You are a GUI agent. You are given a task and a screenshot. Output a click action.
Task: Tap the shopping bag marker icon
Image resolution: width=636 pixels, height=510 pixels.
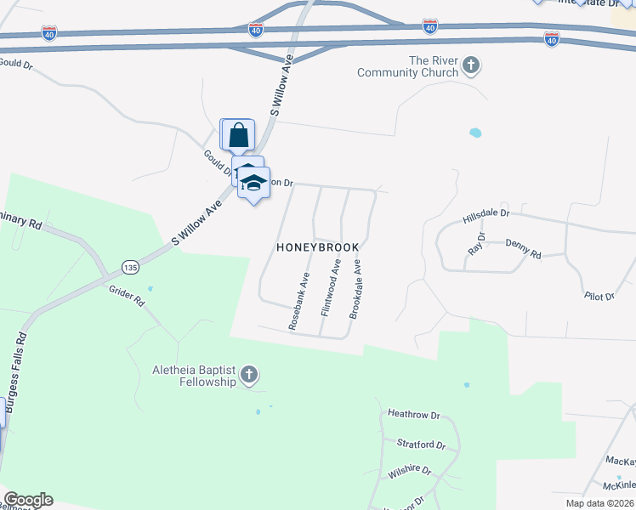point(238,134)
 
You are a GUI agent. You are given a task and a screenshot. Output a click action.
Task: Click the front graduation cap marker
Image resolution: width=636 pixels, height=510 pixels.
point(254,183)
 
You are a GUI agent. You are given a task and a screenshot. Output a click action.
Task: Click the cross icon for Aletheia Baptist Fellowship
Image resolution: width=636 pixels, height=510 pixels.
point(248,375)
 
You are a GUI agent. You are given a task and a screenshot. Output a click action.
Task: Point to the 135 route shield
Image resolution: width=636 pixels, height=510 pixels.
point(129,267)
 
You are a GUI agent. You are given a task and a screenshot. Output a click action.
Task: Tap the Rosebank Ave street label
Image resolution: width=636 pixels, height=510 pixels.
point(297,302)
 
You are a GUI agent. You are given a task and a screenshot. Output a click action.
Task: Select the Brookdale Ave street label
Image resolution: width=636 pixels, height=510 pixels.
point(357,290)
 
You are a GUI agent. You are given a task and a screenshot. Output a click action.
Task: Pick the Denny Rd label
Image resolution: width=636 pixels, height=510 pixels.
point(523,248)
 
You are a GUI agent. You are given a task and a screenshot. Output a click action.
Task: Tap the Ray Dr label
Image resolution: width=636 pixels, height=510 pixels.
point(477,244)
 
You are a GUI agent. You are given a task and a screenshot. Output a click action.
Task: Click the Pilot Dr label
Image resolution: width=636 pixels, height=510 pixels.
point(599,296)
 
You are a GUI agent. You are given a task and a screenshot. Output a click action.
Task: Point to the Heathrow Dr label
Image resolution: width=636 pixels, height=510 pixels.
point(413,415)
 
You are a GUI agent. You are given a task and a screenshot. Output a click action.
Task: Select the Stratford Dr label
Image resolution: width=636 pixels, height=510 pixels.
point(422,444)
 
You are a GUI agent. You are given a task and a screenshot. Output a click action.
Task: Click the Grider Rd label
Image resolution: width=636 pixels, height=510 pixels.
point(126,297)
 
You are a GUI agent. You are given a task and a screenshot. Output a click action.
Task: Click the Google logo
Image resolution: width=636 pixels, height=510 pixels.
point(28,500)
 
